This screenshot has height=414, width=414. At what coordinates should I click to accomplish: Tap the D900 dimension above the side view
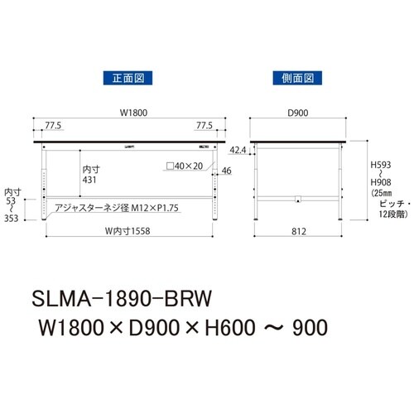point(297,115)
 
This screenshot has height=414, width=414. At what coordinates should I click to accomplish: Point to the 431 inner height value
point(92,179)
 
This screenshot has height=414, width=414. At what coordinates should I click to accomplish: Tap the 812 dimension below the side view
point(297,231)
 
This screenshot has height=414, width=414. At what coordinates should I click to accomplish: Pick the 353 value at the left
point(12,219)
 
